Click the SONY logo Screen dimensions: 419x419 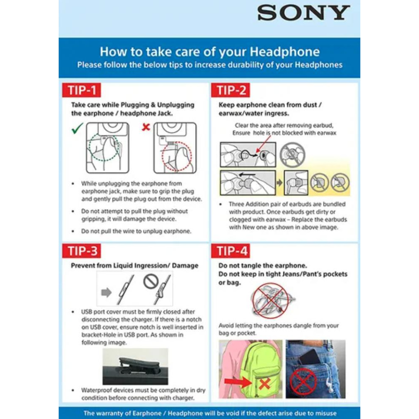pyautogui.click(x=303, y=13)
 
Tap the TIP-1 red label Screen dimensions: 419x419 pyautogui.click(x=82, y=91)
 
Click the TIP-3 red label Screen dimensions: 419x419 pyautogui.click(x=83, y=251)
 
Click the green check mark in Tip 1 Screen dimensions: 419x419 pyautogui.click(x=77, y=128)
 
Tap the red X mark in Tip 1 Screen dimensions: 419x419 pyautogui.click(x=146, y=127)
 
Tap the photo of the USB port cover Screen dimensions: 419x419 pyautogui.click(x=135, y=366)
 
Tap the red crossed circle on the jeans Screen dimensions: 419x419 pyautogui.click(x=303, y=381)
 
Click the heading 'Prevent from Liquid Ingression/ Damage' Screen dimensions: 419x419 pyautogui.click(x=134, y=266)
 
